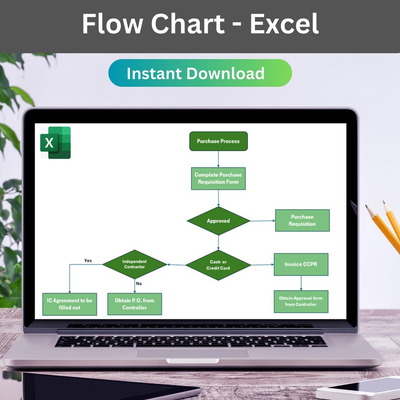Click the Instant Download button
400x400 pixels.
(200, 73)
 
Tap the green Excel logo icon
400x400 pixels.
(55, 143)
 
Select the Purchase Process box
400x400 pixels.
(218, 141)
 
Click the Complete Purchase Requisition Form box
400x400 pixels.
(218, 178)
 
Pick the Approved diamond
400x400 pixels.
(218, 221)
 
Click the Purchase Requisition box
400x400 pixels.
(302, 220)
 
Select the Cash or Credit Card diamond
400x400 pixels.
(218, 265)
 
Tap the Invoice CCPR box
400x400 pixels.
(301, 264)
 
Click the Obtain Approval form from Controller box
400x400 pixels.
(301, 301)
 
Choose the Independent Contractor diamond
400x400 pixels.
(134, 264)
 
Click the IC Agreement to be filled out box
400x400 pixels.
(70, 304)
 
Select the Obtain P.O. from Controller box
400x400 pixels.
(135, 304)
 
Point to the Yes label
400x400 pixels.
(88, 260)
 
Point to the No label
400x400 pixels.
(139, 283)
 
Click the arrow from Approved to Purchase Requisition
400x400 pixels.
(262, 221)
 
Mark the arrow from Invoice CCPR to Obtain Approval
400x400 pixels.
(301, 283)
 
